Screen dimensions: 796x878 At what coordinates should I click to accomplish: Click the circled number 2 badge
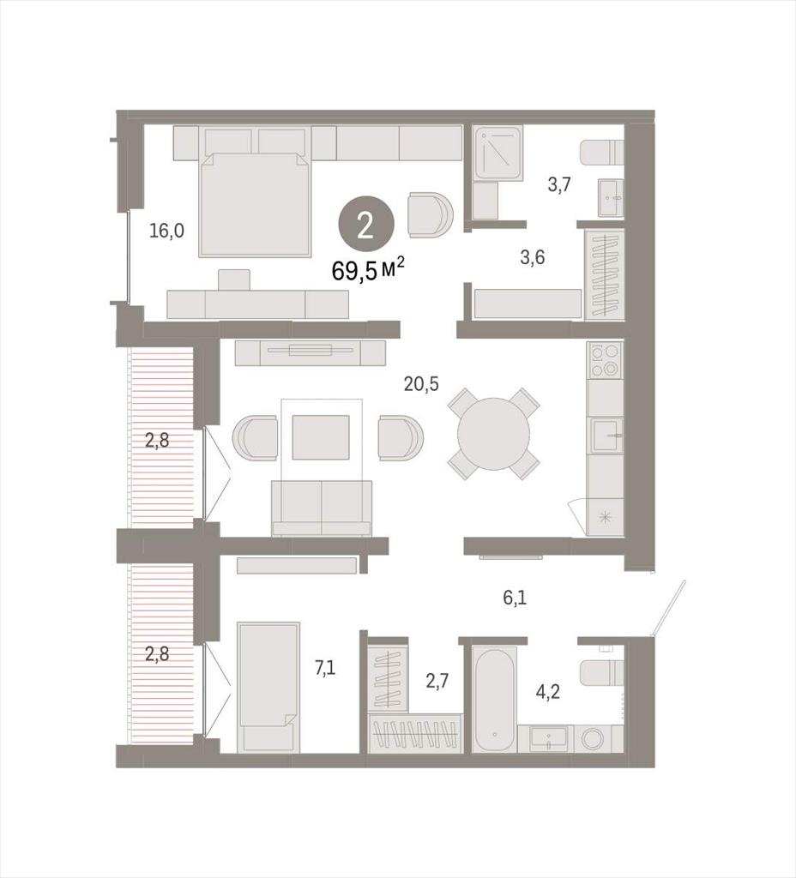tap(365, 227)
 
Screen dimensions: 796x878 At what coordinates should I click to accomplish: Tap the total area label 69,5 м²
tap(368, 270)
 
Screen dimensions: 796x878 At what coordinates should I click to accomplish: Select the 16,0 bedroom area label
tap(166, 230)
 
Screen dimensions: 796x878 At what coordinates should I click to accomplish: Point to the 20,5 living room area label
tap(421, 383)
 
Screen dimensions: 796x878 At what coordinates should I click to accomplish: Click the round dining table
tap(493, 434)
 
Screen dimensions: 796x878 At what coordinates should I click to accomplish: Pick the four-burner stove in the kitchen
tap(605, 360)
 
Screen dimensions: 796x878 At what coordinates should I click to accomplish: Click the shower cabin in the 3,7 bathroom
tap(498, 153)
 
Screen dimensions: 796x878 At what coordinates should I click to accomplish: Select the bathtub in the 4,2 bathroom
tap(494, 699)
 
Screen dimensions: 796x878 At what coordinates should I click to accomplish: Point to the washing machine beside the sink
tap(594, 739)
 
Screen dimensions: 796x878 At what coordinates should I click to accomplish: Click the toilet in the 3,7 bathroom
tap(601, 153)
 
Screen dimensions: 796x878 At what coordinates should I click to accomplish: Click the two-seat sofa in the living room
tap(322, 508)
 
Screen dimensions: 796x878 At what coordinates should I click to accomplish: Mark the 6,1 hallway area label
tap(515, 598)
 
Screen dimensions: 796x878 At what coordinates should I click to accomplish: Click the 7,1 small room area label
tap(325, 667)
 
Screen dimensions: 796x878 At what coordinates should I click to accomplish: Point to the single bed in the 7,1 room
tap(268, 687)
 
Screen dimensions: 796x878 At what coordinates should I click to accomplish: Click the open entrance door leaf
tap(669, 608)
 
